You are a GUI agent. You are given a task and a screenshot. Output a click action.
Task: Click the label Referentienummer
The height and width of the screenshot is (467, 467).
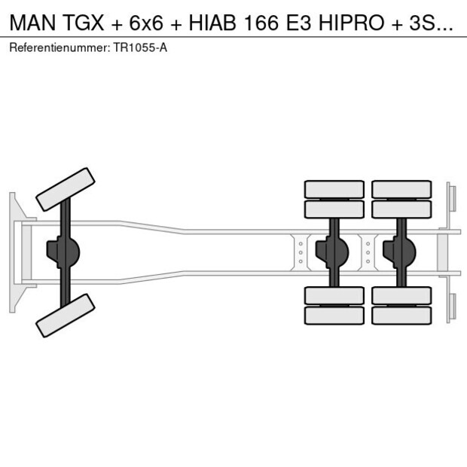point(59,48)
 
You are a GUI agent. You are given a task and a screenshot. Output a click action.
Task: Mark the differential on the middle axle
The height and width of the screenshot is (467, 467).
point(332,252)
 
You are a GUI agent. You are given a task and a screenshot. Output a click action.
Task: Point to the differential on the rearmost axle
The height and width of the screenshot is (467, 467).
point(399,252)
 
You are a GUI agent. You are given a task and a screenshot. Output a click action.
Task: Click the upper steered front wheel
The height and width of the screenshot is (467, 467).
point(66,189)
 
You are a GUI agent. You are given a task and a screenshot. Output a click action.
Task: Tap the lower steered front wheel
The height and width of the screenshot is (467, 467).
point(66,315)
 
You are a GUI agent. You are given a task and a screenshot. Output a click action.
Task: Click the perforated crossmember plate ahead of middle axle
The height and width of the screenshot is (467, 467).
point(301,252)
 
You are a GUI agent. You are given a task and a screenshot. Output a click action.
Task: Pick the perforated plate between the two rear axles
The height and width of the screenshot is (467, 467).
point(368,252)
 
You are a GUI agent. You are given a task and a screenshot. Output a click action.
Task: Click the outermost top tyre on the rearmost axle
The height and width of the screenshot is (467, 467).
point(401,188)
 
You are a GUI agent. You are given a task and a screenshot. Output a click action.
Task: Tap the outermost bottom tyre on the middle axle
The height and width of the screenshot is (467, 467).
point(334,316)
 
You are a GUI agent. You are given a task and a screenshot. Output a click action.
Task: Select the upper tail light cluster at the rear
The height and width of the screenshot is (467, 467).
point(451,197)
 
